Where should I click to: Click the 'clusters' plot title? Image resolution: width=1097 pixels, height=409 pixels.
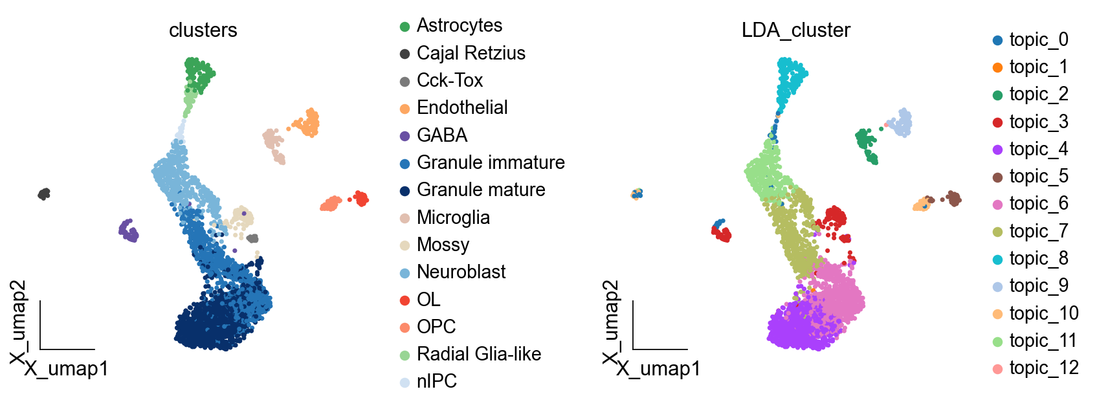point(203,30)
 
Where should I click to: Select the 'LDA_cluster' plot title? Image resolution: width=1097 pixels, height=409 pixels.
point(795,30)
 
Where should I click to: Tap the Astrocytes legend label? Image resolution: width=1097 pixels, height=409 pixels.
point(460,25)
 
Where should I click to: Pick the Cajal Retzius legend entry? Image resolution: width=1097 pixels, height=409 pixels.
point(471,53)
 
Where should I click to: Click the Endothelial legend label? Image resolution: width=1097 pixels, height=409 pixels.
point(462,107)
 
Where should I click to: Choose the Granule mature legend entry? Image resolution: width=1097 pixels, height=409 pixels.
point(481,190)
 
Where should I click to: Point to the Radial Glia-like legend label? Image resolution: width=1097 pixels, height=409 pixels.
point(479,354)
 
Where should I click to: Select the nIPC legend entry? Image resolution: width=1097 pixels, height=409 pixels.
point(437,381)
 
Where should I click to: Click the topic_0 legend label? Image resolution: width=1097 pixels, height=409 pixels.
point(1039,39)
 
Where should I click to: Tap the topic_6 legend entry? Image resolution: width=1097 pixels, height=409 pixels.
point(1039,203)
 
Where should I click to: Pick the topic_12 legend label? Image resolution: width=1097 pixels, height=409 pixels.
point(1044,368)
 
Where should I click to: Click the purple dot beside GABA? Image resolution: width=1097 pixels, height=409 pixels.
point(405,136)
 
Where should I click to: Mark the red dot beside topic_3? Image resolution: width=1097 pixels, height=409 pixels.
point(997,122)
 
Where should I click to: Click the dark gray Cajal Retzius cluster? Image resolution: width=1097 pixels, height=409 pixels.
point(44,193)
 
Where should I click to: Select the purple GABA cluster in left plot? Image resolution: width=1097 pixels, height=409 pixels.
point(129,230)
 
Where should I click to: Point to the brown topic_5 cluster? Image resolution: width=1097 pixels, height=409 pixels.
point(952,197)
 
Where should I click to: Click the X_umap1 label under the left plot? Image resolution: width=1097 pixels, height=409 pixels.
point(67,369)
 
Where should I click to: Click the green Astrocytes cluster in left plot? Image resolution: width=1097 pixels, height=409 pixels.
point(199,74)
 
